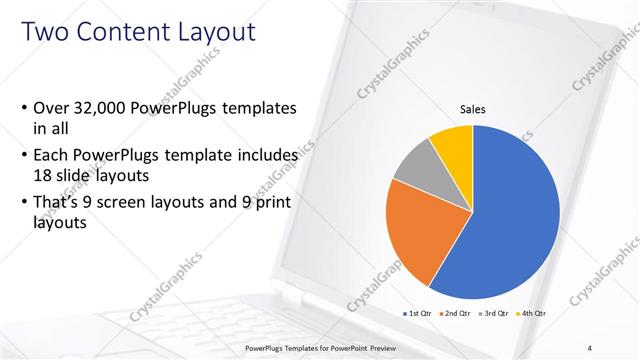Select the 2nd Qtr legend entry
click(x=456, y=313)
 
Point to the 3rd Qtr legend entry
click(x=495, y=313)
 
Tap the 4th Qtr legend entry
click(x=533, y=313)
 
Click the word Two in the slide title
click(x=46, y=33)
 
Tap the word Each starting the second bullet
click(x=52, y=156)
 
